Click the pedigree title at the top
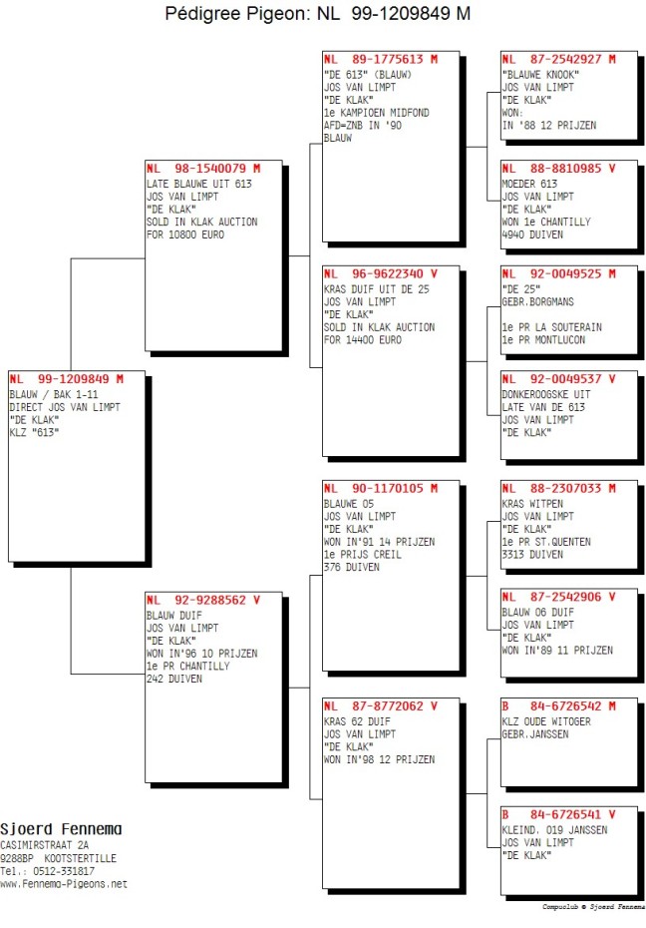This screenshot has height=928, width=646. [317, 13]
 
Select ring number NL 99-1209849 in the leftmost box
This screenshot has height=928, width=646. [66, 379]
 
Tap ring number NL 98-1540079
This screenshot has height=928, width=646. [203, 168]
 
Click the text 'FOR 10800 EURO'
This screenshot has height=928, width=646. [185, 234]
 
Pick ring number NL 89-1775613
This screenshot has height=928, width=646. [381, 59]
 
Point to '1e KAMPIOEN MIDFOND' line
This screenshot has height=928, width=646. [377, 113]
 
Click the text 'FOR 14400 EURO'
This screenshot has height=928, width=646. [363, 339]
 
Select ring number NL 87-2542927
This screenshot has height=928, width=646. [558, 59]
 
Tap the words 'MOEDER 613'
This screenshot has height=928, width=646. [529, 184]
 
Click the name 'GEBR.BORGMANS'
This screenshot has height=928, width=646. [538, 301]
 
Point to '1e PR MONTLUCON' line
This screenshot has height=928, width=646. [543, 339]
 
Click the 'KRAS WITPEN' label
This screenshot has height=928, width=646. [532, 504]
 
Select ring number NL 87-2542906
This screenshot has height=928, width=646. [558, 597]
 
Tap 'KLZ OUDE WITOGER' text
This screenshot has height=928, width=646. [546, 721]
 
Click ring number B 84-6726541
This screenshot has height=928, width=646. [558, 814]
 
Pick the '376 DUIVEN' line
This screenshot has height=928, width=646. [352, 567]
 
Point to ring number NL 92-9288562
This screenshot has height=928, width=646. [203, 600]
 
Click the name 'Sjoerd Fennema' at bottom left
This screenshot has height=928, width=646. [61, 829]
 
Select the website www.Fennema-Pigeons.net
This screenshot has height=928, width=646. [63, 884]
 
